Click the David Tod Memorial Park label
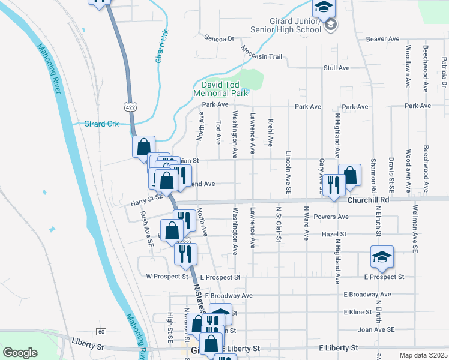pyautogui.click(x=221, y=89)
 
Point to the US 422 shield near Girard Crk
pyautogui.click(x=130, y=106)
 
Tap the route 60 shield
pyautogui.click(x=101, y=332)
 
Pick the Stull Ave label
pyautogui.click(x=336, y=68)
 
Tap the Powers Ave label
pyautogui.click(x=335, y=217)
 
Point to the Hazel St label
pyautogui.click(x=334, y=234)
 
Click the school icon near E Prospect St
pyautogui.click(x=382, y=257)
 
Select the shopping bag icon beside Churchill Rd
pyautogui.click(x=349, y=175)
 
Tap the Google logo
pyautogui.click(x=20, y=353)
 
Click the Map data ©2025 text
pyautogui.click(x=423, y=355)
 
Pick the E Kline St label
pyautogui.click(x=357, y=313)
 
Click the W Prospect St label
pyautogui.click(x=167, y=277)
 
